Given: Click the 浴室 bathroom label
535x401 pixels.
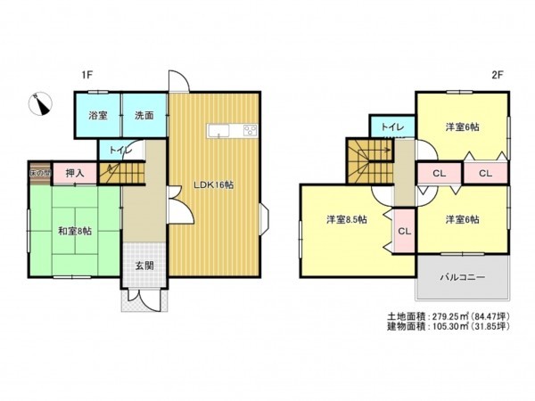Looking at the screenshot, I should [x=97, y=115].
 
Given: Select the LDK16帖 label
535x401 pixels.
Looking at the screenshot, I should [x=214, y=184].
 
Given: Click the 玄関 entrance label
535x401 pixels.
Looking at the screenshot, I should [x=144, y=265].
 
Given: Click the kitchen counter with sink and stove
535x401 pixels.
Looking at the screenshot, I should [x=234, y=132].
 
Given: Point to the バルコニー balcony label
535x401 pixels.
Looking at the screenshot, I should [x=462, y=278].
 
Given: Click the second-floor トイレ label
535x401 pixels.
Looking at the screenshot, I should [x=392, y=127].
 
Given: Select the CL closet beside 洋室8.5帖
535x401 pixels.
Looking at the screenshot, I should [x=404, y=232].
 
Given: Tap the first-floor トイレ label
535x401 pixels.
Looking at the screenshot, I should [x=119, y=151].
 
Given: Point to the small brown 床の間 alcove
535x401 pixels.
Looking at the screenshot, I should [x=40, y=172].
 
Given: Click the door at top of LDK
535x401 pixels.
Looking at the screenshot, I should [x=179, y=84].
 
